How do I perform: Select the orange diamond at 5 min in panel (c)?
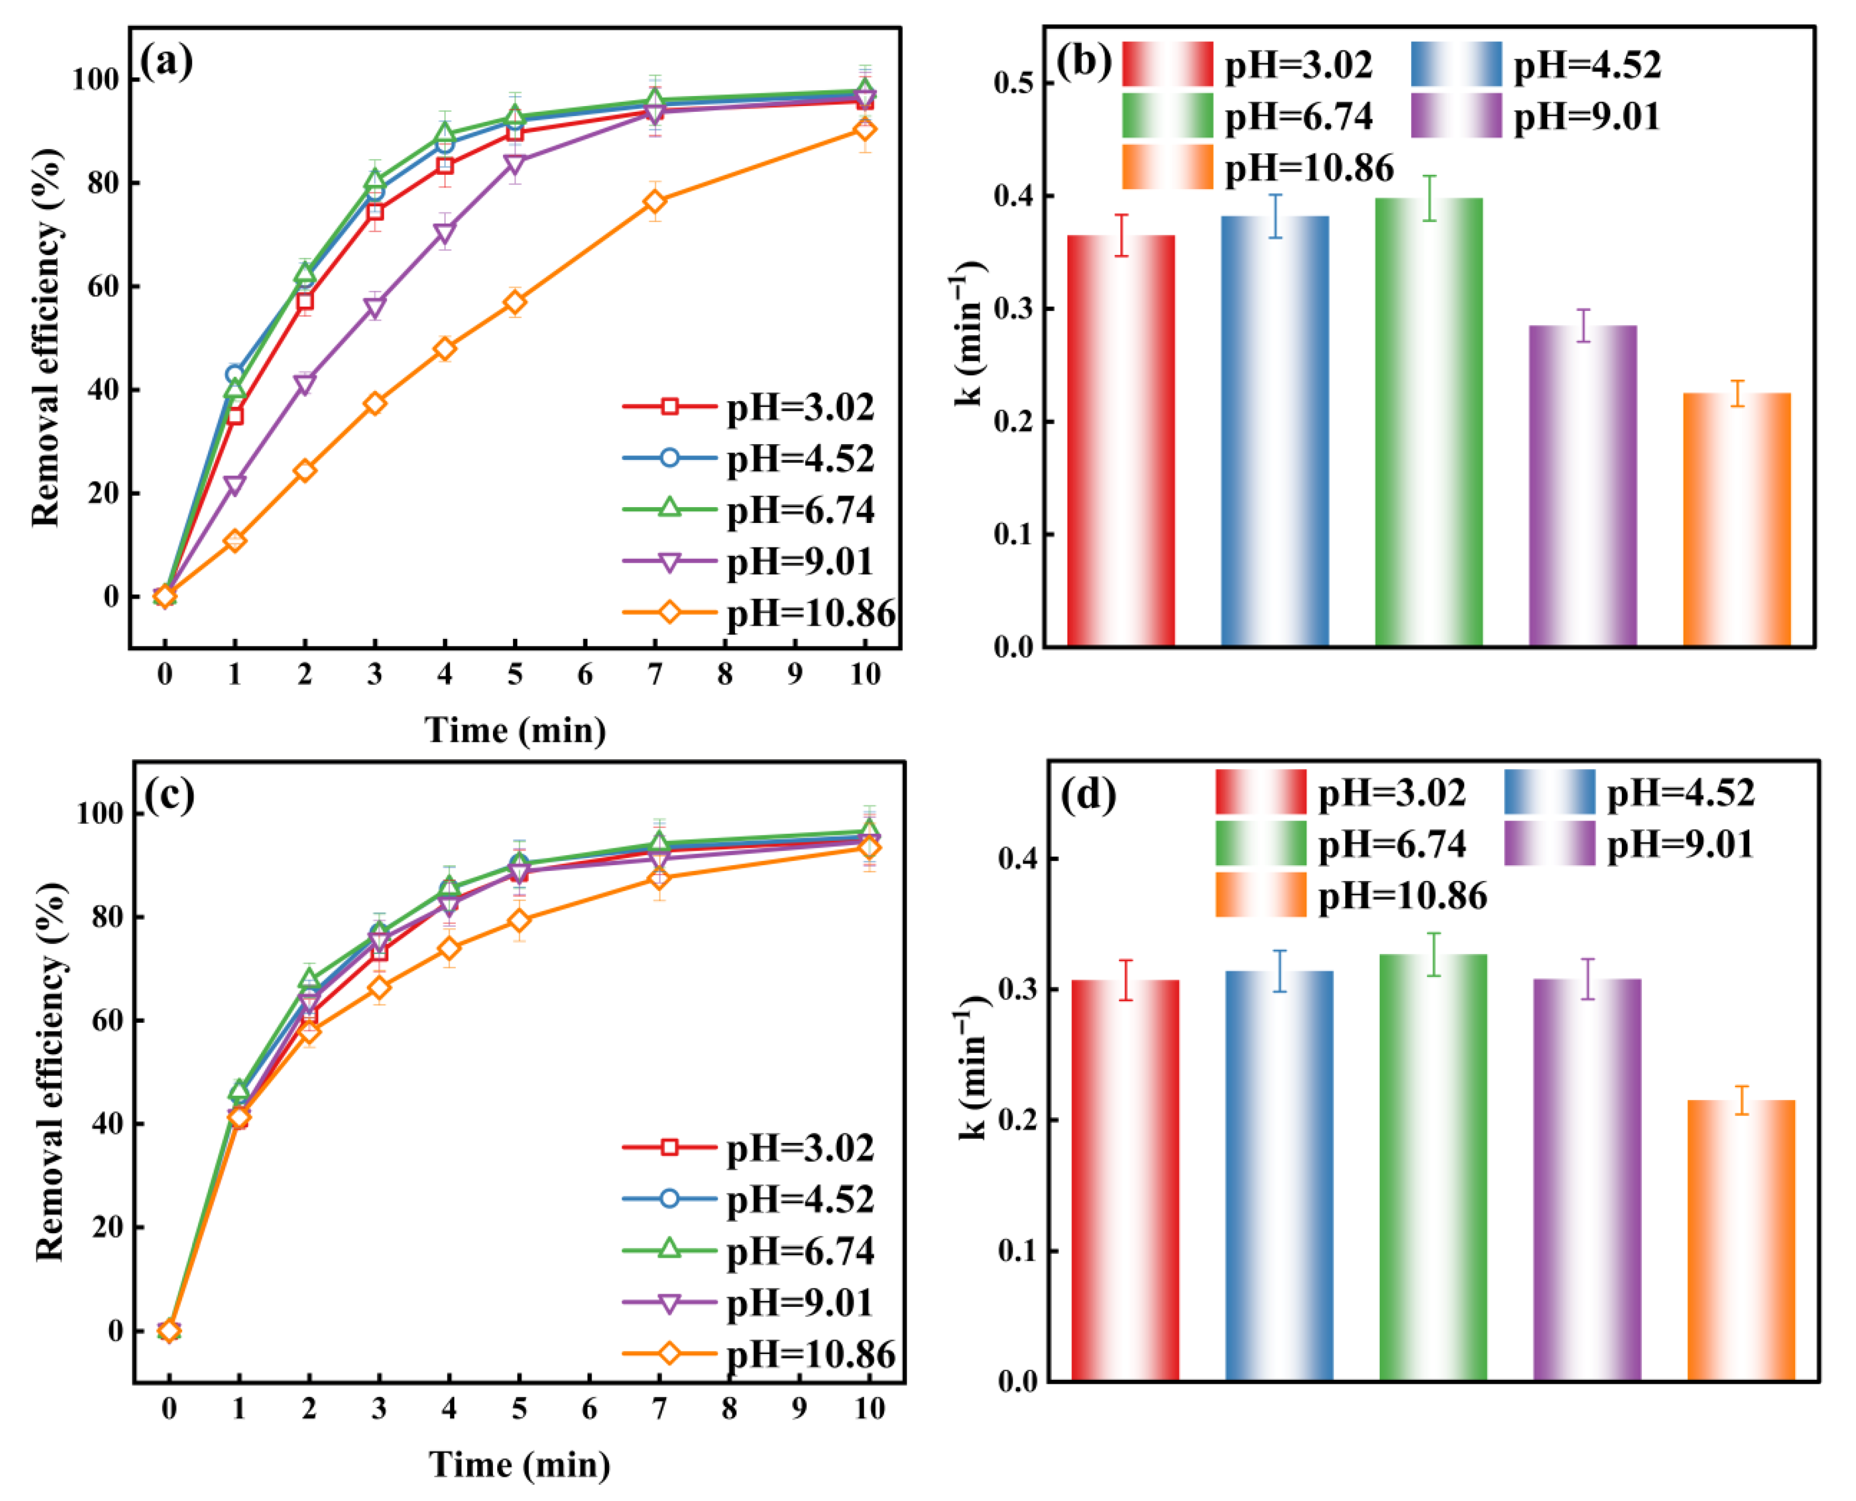click(x=519, y=921)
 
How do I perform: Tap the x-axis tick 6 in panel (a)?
click(x=585, y=675)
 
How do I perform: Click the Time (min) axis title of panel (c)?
click(x=520, y=1465)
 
